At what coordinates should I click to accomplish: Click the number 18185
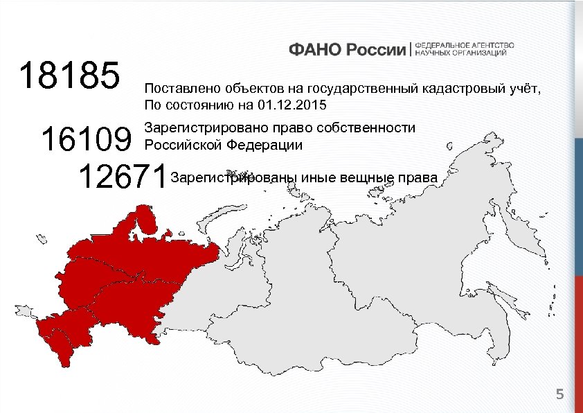click(x=70, y=76)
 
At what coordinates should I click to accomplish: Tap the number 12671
click(x=123, y=177)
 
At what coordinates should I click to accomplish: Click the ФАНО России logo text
click(x=348, y=49)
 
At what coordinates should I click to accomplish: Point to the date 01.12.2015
click(x=291, y=105)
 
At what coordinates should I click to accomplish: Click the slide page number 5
click(x=560, y=395)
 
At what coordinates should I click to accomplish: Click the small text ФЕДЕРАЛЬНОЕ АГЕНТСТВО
click(x=464, y=44)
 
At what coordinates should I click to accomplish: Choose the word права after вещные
click(x=418, y=179)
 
